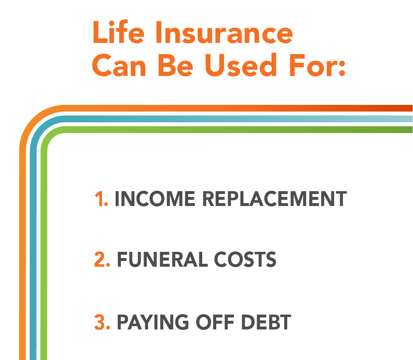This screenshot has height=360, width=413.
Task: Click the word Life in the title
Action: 118,32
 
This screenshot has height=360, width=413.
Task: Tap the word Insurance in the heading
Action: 224,33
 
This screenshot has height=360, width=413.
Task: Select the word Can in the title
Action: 119,65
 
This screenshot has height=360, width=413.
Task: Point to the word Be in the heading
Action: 175,65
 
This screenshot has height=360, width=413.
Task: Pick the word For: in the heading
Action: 317,65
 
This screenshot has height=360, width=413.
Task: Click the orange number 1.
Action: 101,199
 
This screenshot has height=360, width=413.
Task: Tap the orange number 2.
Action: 102,260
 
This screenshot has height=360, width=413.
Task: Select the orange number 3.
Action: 102,322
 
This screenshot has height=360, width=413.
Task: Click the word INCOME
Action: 155,199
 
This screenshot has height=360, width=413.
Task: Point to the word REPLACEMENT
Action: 274,199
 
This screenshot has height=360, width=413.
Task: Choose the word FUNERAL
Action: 163,260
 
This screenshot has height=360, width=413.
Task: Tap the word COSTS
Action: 245,260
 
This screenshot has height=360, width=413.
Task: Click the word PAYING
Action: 153,322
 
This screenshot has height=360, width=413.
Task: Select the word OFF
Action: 215,322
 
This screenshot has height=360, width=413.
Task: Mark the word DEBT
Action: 266,322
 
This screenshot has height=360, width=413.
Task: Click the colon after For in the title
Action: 342,68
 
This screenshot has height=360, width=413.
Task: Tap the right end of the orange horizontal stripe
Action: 412,108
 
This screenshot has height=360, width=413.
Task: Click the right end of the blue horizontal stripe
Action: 412,119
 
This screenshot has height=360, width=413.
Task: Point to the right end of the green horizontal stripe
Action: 412,130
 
